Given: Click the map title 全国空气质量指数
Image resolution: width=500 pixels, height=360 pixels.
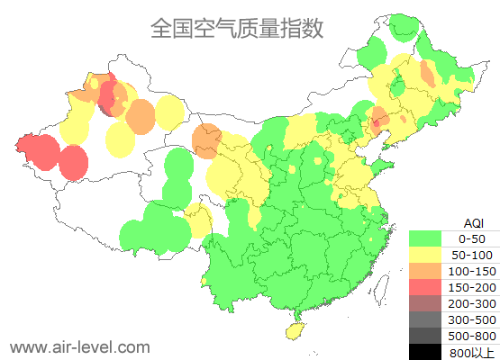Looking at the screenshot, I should point(237,28).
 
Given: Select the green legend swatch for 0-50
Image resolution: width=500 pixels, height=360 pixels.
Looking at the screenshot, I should point(429,239).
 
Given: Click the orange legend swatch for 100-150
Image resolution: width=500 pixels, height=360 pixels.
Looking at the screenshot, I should point(429,271).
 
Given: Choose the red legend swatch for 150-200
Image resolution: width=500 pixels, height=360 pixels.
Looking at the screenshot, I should point(429,287).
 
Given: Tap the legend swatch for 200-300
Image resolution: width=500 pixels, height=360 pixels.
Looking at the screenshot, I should point(429,303).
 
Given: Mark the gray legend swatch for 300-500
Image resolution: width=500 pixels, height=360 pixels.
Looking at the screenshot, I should point(429,319).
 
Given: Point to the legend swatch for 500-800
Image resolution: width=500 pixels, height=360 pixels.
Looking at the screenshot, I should point(429,336).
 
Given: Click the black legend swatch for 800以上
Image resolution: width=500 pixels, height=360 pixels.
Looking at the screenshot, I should point(429,351).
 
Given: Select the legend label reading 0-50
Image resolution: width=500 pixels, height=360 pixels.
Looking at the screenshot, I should point(472,239).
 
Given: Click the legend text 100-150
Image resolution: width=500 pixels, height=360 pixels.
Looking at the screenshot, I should point(472,271).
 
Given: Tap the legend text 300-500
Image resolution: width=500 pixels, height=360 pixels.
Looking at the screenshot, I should point(472,319).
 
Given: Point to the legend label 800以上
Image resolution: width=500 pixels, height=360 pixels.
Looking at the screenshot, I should point(472,352).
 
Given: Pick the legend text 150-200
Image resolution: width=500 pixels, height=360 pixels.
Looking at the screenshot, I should point(472,287).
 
